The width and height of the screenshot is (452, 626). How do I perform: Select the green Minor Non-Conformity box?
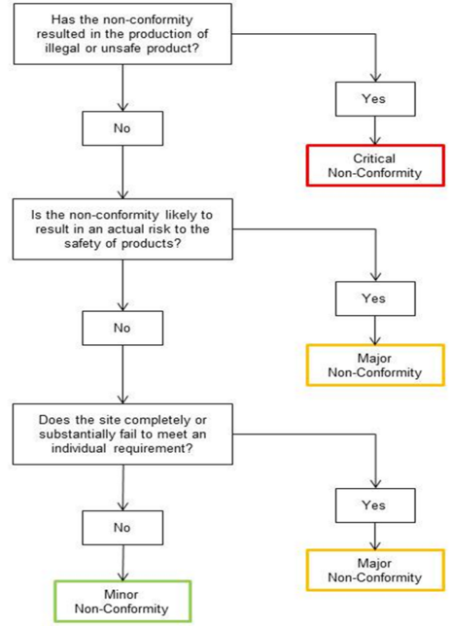click(x=122, y=602)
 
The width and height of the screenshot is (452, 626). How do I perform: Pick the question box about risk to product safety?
click(x=122, y=228)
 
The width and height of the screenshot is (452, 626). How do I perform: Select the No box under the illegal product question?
click(x=122, y=125)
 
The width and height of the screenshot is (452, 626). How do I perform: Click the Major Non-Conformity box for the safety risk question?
click(x=378, y=365)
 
